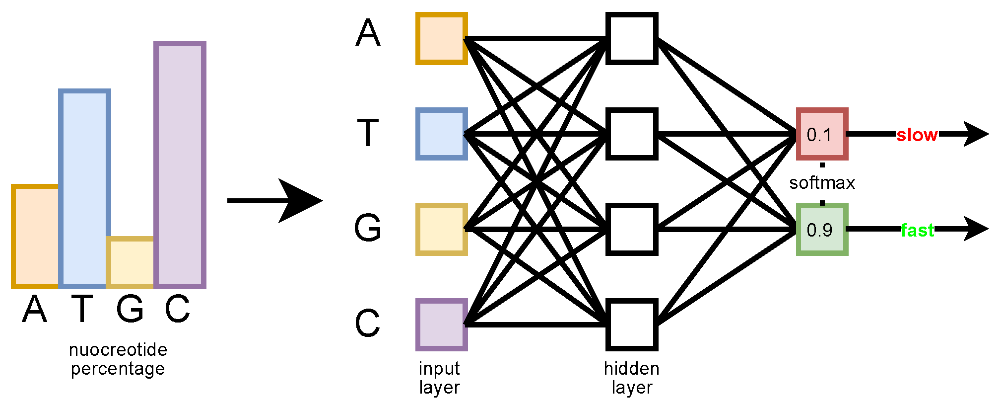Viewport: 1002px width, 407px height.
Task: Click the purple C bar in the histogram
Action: point(180,164)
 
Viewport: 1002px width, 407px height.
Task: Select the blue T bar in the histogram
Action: point(84,188)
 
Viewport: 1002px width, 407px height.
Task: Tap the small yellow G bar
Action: point(130,262)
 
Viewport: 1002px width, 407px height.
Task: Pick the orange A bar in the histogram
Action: point(35,236)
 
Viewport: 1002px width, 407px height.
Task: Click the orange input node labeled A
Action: point(441,39)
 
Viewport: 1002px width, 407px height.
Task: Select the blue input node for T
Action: point(441,134)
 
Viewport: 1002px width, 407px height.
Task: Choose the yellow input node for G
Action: point(441,229)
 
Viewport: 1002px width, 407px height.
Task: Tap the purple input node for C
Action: point(441,325)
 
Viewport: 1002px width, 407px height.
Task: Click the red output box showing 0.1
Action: point(822,134)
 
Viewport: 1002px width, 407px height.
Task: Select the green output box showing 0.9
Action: point(822,229)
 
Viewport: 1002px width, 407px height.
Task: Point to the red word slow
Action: point(917,135)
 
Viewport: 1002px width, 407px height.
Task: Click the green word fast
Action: point(917,230)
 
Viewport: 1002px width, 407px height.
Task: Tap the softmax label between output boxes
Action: point(822,183)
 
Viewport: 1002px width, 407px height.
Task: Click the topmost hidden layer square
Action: point(632,39)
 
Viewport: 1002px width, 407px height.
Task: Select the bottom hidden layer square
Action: point(632,325)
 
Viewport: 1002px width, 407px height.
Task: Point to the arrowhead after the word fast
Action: point(975,229)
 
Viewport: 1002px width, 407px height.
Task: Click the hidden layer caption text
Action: point(631,378)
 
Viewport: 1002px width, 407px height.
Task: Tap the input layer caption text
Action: point(439,378)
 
